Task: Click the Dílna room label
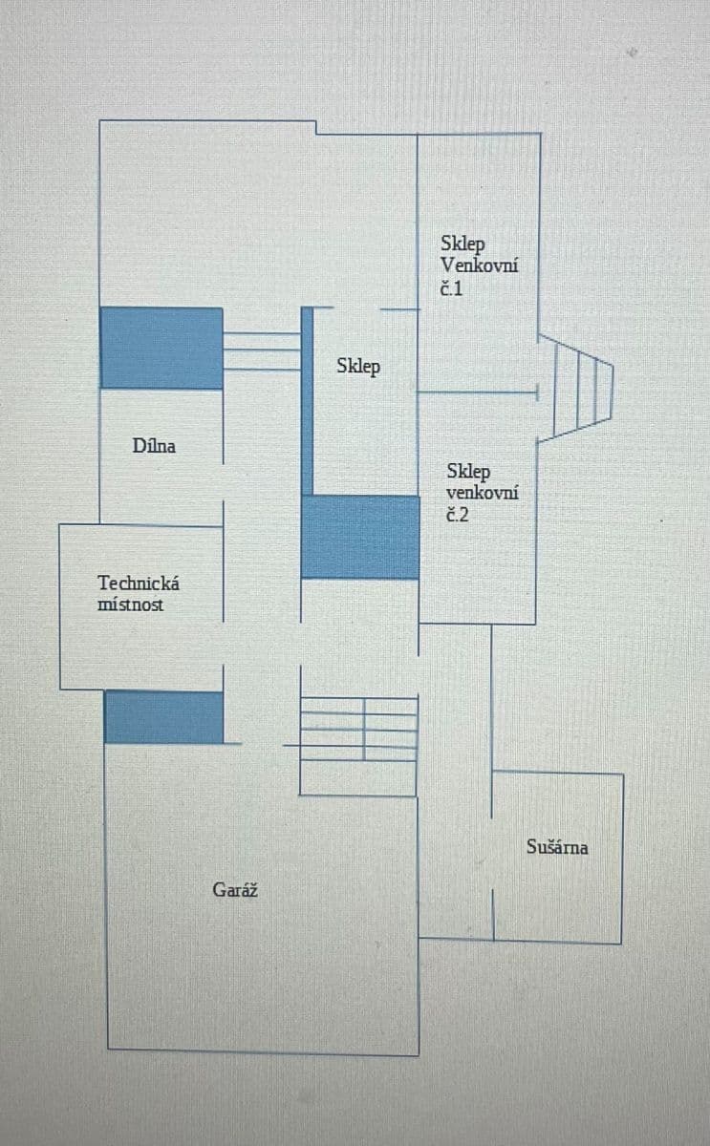tap(154, 445)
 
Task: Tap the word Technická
tap(139, 583)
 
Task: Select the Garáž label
tap(235, 890)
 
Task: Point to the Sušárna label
tap(557, 846)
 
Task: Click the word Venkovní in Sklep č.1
tap(480, 265)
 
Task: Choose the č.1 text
tap(451, 287)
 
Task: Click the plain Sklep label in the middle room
tap(358, 366)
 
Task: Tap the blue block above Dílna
tap(161, 348)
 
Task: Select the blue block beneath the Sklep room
tap(360, 537)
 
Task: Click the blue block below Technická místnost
tap(163, 717)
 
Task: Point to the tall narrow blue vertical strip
tap(308, 401)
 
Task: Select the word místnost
tap(131, 605)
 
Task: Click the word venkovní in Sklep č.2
tap(483, 494)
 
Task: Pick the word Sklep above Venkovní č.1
tap(463, 244)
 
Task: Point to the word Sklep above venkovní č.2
tap(468, 472)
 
